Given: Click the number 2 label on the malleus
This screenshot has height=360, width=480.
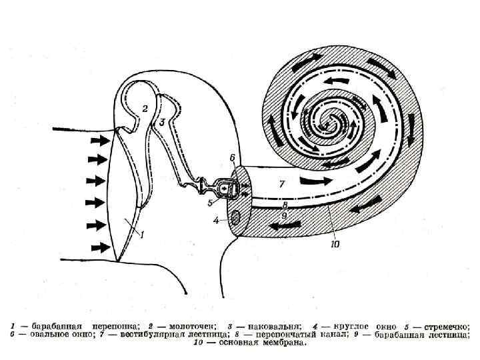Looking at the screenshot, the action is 145,108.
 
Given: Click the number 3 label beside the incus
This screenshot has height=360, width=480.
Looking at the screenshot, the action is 162,122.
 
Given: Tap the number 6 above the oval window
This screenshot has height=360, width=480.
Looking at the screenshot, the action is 232,157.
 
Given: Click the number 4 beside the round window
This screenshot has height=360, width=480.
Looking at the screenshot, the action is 215,219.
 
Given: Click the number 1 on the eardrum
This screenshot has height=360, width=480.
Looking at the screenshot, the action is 140,234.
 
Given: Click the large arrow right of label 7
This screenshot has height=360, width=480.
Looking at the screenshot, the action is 313,181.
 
